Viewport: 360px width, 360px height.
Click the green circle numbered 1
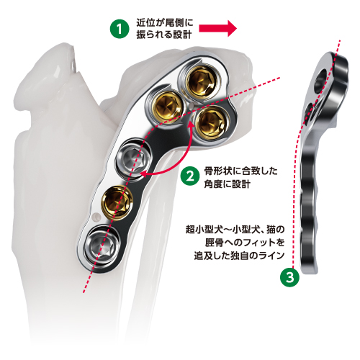pos(120,29)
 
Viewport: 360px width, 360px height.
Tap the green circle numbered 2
pos(190,177)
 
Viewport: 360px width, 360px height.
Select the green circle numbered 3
pos(290,278)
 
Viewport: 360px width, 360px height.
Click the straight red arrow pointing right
pos(218,29)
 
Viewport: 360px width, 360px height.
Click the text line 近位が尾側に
pos(165,23)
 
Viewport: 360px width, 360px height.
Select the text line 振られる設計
pos(164,35)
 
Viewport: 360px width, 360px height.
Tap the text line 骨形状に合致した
pos(240,171)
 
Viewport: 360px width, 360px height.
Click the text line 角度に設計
pos(228,184)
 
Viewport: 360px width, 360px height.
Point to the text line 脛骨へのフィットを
pos(245,243)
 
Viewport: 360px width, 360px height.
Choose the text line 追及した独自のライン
pos(239,256)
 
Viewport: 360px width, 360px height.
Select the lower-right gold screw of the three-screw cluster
pos(211,123)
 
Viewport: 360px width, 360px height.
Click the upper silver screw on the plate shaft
pos(132,158)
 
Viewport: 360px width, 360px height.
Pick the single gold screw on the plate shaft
pos(117,201)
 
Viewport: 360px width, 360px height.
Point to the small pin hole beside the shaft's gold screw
pos(96,217)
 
